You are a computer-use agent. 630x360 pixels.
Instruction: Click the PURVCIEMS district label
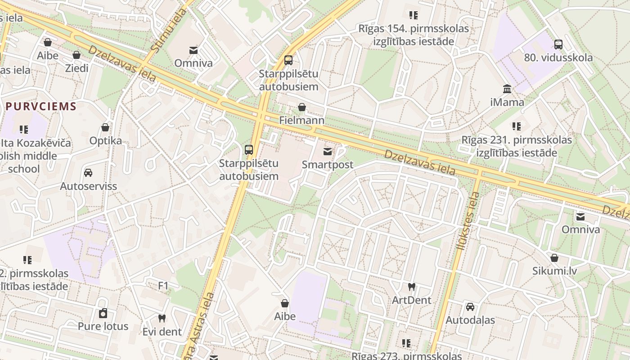(x=41, y=107)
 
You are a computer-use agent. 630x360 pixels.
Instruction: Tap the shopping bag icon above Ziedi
(x=76, y=55)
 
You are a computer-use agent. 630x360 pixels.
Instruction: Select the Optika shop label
(x=105, y=141)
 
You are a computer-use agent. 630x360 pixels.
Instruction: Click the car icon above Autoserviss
(x=88, y=173)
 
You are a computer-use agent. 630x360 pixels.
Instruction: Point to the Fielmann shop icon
(x=302, y=107)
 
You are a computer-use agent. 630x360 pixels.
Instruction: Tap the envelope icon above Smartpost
(x=328, y=152)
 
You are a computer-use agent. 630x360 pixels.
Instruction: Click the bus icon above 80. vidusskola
(x=558, y=45)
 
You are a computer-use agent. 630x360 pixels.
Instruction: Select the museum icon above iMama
(x=507, y=89)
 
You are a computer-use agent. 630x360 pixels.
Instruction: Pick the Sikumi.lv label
(x=554, y=271)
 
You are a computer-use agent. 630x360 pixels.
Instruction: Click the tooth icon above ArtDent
(x=411, y=287)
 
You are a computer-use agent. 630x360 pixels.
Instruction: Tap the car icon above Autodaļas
(x=470, y=307)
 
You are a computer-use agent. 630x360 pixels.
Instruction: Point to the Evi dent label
(x=162, y=332)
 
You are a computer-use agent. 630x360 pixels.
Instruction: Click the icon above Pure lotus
(x=103, y=313)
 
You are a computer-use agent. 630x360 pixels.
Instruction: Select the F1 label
(x=163, y=286)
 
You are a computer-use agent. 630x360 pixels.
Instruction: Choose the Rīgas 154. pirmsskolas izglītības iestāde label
(x=413, y=35)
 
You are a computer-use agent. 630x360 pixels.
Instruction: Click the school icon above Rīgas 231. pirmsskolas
(x=516, y=126)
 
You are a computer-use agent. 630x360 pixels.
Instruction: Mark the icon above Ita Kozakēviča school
(x=24, y=130)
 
